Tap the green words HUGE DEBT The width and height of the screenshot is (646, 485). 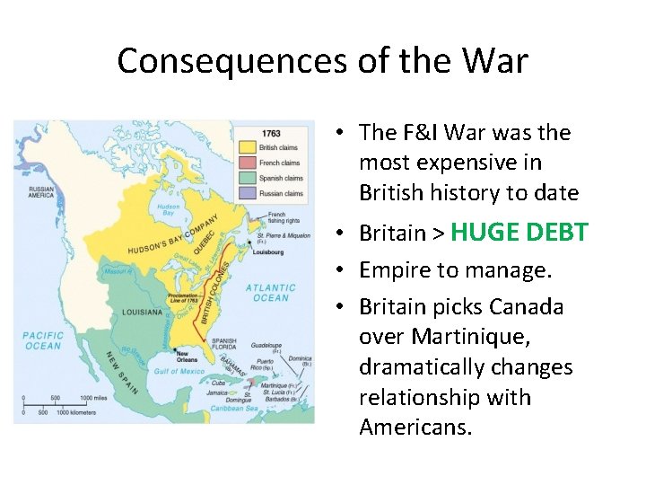519,232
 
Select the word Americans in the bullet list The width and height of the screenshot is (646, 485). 415,427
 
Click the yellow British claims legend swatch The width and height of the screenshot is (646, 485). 247,148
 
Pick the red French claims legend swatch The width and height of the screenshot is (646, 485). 247,163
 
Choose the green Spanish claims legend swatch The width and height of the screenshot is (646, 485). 247,178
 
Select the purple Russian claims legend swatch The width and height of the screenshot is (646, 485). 247,193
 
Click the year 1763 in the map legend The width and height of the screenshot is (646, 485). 271,134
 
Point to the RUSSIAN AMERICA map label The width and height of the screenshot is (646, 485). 41,192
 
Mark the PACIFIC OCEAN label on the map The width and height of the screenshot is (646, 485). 43,341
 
